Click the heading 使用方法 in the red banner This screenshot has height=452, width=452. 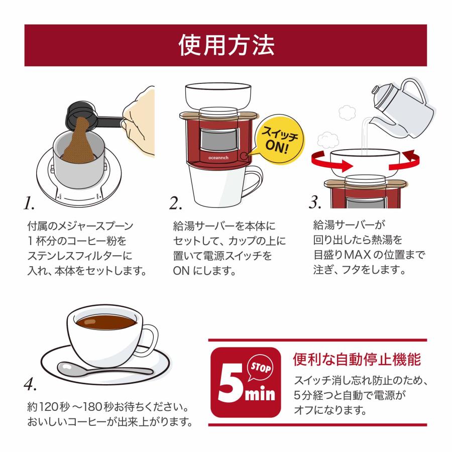[x=226, y=45]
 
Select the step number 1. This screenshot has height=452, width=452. [x=29, y=203]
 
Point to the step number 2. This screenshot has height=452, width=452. [x=176, y=203]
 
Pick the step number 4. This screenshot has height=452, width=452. [x=30, y=384]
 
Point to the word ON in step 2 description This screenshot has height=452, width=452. [x=180, y=270]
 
